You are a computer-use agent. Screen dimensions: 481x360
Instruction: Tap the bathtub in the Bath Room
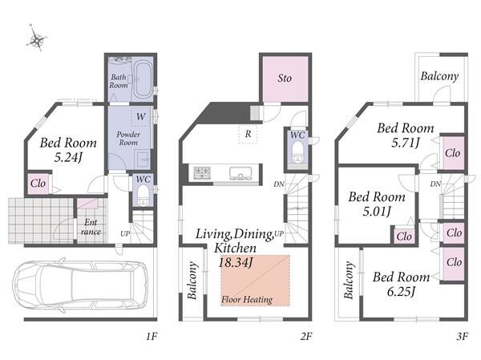[x=143, y=79]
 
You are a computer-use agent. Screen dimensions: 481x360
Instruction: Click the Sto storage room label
[x=285, y=78]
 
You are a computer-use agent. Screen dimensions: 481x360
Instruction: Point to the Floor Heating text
[x=247, y=299]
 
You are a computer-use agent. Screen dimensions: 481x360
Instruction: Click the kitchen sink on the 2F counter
[x=240, y=173]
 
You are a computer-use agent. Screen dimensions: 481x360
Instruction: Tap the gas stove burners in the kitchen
[x=202, y=172]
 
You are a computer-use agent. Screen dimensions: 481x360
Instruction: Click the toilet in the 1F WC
[x=143, y=196]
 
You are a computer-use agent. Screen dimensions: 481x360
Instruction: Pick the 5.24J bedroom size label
[x=68, y=157]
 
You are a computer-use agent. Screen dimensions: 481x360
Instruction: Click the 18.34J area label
[x=235, y=262]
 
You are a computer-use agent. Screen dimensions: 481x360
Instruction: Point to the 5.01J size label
[x=377, y=211]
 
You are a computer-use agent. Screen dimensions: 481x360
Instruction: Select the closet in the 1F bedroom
[x=38, y=184]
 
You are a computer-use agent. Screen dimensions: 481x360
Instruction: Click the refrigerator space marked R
[x=248, y=134]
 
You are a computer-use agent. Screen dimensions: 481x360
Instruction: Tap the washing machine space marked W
[x=141, y=116]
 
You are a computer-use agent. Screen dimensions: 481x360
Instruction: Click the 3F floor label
[x=462, y=337]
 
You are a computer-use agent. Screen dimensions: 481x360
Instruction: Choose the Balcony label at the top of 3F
[x=439, y=76]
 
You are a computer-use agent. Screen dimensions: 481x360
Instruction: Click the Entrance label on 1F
[x=91, y=227]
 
